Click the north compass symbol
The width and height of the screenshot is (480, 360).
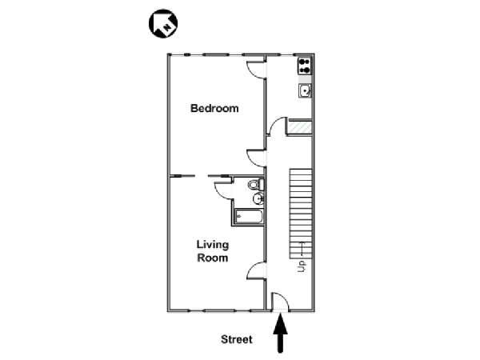coord(163,24)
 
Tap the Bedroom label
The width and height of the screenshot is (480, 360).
coord(214,108)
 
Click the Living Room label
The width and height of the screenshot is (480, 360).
coord(213,251)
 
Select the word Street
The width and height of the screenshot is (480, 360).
coord(237,339)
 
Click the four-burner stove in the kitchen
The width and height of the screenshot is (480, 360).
coord(305,66)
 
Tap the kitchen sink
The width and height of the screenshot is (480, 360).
coord(306,90)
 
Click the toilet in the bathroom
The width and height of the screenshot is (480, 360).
coord(256,185)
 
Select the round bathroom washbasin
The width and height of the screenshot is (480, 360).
coord(258,199)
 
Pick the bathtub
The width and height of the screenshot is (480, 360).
coord(249,217)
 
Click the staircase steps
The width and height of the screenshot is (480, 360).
coord(301,214)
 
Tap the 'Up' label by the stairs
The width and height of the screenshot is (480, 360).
coord(302,266)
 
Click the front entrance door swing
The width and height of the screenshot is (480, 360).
coord(281,302)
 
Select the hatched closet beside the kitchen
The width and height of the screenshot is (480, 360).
coord(300,127)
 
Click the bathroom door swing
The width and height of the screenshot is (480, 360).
coord(223,190)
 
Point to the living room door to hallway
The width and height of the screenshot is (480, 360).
coord(257,270)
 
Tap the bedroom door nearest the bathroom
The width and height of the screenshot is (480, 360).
coord(257,158)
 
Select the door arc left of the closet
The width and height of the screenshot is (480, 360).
coord(277,126)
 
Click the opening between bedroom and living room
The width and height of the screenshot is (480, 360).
coord(201,176)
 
